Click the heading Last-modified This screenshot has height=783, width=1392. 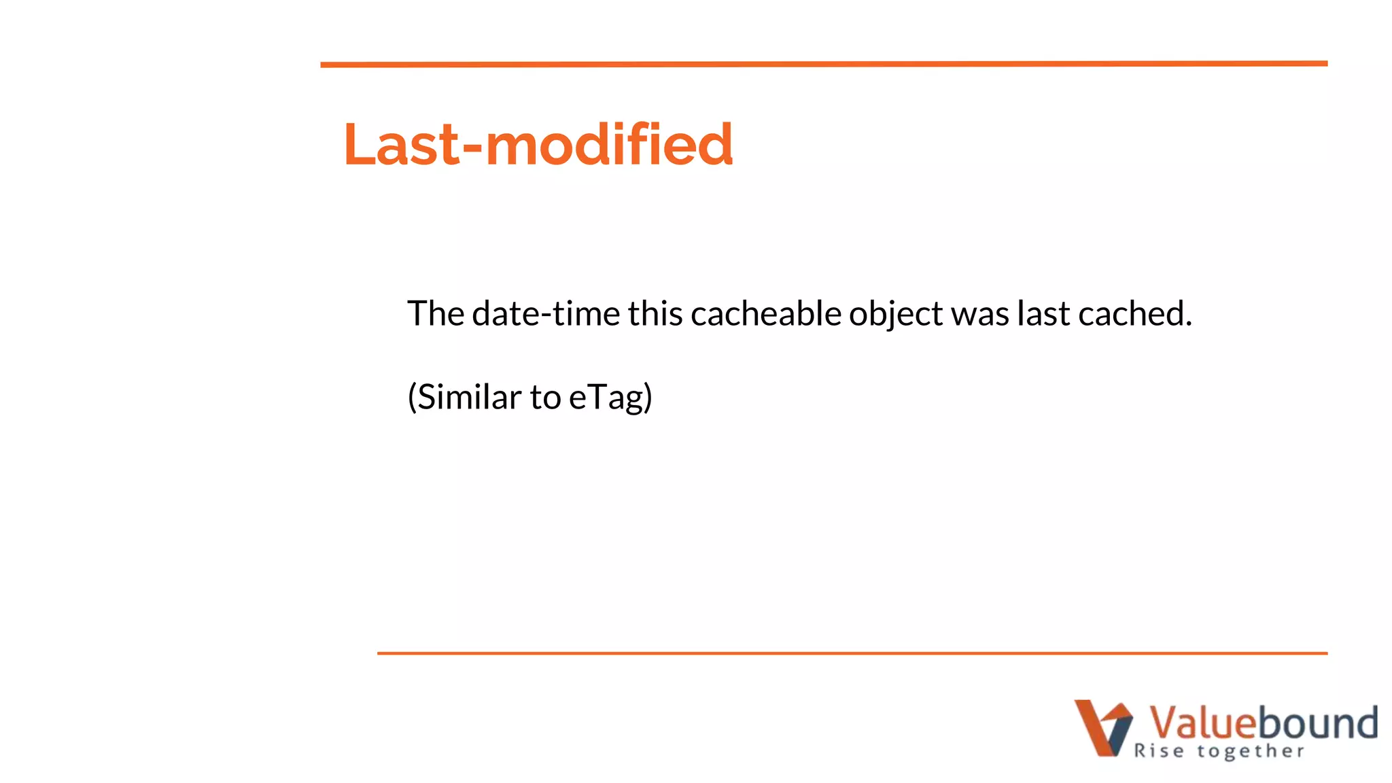pos(538,144)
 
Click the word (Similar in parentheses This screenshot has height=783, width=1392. pos(464,397)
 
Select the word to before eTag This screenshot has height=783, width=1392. pos(545,398)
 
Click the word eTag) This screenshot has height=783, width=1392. pos(610,398)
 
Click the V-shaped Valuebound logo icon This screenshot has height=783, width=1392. pos(1103,728)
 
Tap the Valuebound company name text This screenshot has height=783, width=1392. pos(1263,723)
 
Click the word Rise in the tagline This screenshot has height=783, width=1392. pos(1159,751)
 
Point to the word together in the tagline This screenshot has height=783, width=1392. pos(1251,752)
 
